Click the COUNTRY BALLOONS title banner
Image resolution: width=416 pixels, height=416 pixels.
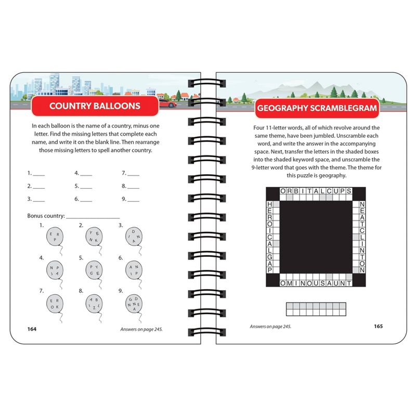click(x=94, y=107)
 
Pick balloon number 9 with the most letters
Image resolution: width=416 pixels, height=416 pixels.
click(x=132, y=303)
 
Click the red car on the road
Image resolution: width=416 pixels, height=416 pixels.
click(x=167, y=104)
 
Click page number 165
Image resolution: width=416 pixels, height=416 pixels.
click(x=378, y=327)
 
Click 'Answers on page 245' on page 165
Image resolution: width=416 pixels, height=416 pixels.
click(x=270, y=327)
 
